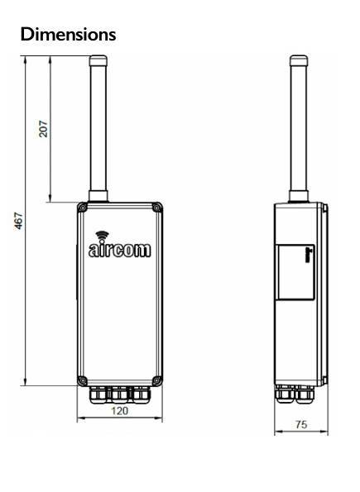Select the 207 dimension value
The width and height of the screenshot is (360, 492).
(x=44, y=128)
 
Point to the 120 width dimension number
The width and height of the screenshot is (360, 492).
(x=121, y=410)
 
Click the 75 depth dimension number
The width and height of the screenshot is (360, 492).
(x=301, y=425)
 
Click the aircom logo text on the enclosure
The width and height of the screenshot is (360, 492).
(x=121, y=250)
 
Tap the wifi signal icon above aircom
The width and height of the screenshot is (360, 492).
(x=102, y=235)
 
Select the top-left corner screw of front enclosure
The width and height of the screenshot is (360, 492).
(x=81, y=208)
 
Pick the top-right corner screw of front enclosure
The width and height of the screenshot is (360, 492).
(x=156, y=208)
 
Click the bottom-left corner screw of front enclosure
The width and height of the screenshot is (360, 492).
(x=81, y=380)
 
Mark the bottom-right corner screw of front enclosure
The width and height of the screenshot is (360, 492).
(x=156, y=380)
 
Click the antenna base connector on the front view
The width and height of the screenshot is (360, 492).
(x=100, y=196)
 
